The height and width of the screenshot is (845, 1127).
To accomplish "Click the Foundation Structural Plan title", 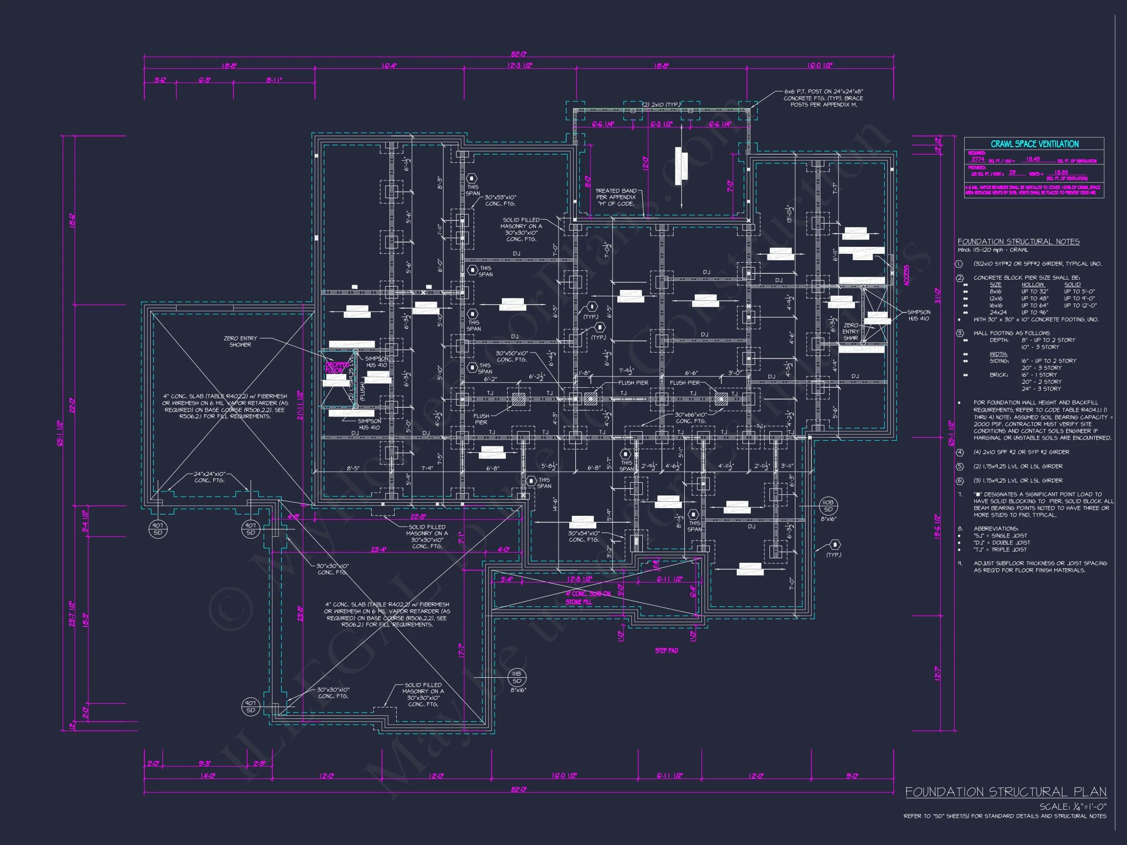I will (1005, 792).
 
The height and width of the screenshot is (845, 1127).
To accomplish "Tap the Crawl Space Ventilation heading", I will (1034, 144).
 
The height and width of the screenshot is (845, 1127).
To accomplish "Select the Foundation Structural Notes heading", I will (1018, 242).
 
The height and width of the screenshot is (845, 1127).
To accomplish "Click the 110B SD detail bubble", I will (828, 506).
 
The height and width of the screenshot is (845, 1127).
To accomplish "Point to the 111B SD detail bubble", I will (517, 677).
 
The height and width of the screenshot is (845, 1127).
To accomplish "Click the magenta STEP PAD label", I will (666, 650).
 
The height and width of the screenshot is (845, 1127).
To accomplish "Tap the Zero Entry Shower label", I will (241, 341).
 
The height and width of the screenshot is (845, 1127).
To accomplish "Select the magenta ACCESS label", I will (906, 275).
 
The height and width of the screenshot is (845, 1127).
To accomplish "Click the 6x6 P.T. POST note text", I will (823, 98).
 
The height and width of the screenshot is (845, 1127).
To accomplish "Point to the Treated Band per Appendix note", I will (616, 197).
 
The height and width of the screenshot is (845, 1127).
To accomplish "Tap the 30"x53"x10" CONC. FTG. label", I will (500, 200).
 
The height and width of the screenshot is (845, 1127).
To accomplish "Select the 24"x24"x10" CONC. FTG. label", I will (209, 477).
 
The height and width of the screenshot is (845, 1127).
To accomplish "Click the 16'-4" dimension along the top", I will (389, 66).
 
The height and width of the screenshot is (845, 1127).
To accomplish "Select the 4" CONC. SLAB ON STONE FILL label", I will (587, 598).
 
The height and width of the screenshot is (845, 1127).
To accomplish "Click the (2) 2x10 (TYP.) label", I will (661, 105).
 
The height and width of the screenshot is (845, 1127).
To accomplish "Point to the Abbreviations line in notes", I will (995, 529).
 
